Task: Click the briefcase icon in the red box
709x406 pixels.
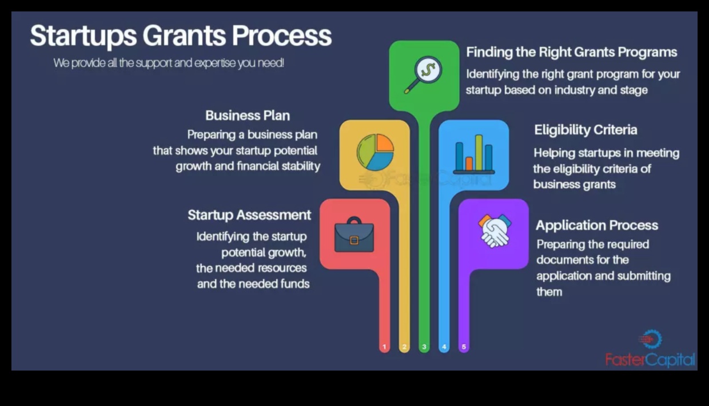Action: click(x=354, y=235)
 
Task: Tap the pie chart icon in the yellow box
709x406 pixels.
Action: click(x=375, y=152)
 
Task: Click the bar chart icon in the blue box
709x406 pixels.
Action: click(x=474, y=155)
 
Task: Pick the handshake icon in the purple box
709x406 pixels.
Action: click(x=494, y=230)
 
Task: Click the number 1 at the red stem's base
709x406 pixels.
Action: click(x=384, y=347)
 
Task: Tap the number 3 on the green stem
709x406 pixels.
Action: click(x=424, y=347)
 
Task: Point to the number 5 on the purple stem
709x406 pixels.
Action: click(x=464, y=347)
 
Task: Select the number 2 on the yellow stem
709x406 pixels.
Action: click(x=404, y=347)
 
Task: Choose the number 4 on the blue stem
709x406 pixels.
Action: click(x=444, y=347)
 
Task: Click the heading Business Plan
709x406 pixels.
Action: click(x=248, y=116)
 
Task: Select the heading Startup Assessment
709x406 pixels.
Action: click(x=249, y=215)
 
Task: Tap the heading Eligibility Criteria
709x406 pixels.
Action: click(x=585, y=130)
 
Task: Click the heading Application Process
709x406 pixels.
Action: click(x=596, y=225)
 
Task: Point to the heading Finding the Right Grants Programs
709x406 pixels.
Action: click(x=571, y=52)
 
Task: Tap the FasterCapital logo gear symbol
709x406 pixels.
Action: click(x=651, y=340)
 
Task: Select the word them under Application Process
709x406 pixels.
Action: click(x=549, y=292)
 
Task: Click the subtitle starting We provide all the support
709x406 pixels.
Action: click(x=169, y=63)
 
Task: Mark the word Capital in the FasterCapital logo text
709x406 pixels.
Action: click(x=671, y=360)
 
